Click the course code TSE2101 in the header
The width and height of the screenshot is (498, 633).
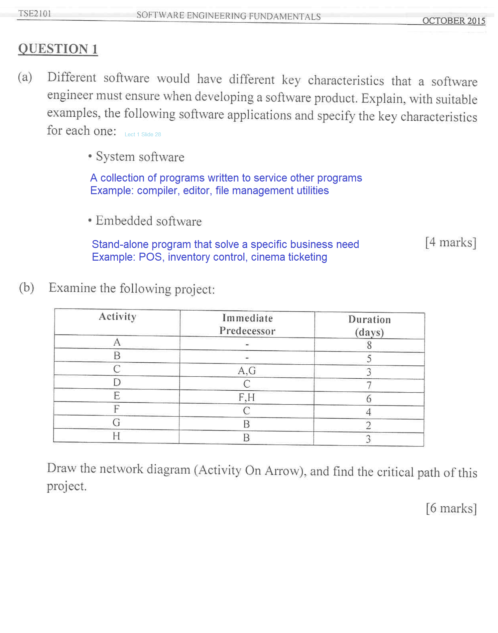point(35,14)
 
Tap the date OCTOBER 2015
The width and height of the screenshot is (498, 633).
point(453,21)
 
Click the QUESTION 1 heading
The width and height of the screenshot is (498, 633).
point(58,49)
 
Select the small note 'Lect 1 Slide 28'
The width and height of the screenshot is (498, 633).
point(143,135)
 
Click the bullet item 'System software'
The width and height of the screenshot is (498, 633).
point(140,157)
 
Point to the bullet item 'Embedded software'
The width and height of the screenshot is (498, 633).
point(148,221)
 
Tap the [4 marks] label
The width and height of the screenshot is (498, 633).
point(450,242)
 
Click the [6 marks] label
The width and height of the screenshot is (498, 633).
point(451,508)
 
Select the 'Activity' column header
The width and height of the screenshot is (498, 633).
point(117,316)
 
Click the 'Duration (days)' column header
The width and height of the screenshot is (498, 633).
point(369,326)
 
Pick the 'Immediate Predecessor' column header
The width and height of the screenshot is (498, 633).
point(247,324)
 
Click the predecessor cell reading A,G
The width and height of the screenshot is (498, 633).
point(247,371)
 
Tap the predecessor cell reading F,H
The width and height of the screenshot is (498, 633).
point(247,397)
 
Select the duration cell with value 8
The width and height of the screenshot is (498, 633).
point(369,345)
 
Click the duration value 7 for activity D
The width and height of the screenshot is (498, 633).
point(369,386)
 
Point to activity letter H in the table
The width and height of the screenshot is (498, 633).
point(116,436)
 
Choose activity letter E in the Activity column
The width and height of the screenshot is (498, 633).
point(117,396)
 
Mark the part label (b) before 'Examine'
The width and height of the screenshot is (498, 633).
point(27,288)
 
